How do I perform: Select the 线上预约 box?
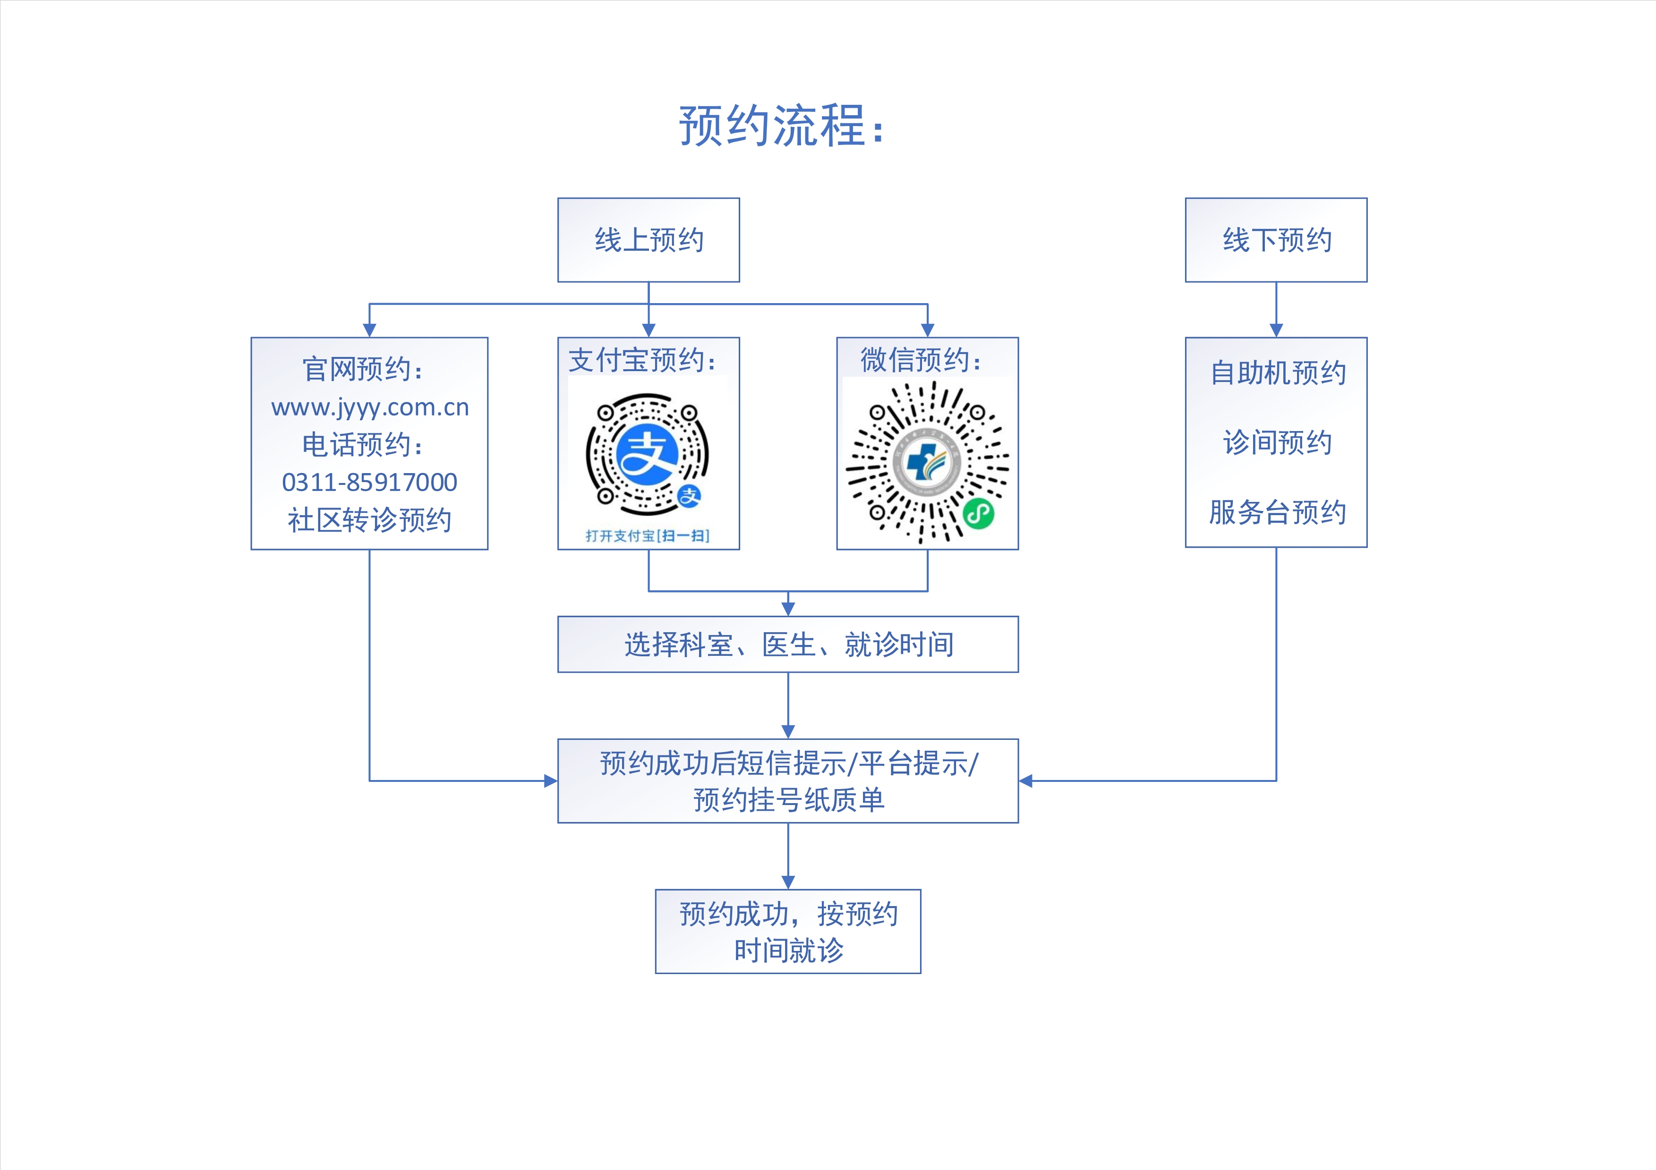pyautogui.click(x=649, y=240)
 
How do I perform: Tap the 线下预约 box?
pyautogui.click(x=1276, y=240)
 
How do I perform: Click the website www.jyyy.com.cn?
pyautogui.click(x=370, y=407)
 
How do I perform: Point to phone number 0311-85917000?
pyautogui.click(x=369, y=482)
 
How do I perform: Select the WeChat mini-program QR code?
pyautogui.click(x=927, y=461)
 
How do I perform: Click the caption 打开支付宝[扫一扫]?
pyautogui.click(x=648, y=535)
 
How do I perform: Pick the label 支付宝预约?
pyautogui.click(x=642, y=360)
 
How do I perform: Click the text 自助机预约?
pyautogui.click(x=1277, y=373)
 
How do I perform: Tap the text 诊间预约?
pyautogui.click(x=1277, y=442)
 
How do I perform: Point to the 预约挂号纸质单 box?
pyautogui.click(x=787, y=781)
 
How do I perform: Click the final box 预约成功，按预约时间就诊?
pyautogui.click(x=787, y=932)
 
